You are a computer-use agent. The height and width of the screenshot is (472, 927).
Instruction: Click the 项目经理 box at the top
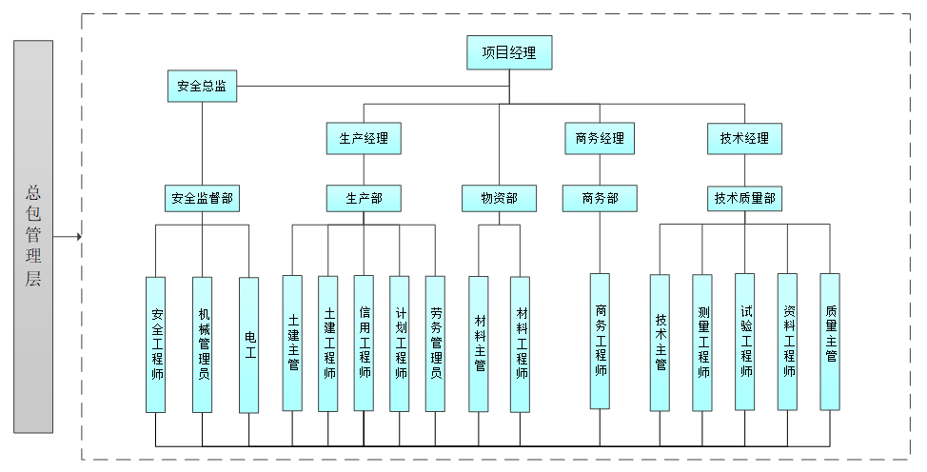click(x=509, y=53)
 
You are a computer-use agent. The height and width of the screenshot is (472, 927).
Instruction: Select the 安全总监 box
click(x=202, y=87)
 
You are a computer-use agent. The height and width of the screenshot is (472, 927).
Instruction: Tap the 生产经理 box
click(x=364, y=139)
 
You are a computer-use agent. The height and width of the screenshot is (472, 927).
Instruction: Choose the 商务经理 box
click(x=600, y=139)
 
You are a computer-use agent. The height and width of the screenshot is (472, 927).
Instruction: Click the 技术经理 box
click(x=744, y=139)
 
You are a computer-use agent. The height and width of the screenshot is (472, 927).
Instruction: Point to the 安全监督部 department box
click(x=202, y=199)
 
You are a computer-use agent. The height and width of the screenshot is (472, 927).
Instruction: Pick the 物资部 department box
click(x=499, y=199)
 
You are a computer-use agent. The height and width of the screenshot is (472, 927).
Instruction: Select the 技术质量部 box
click(x=745, y=199)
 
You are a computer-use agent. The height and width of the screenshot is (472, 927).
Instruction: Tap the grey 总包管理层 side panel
click(x=33, y=236)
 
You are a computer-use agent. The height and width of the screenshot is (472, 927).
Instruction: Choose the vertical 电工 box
click(x=249, y=344)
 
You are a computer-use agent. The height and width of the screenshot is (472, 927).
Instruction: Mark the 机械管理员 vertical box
click(x=203, y=344)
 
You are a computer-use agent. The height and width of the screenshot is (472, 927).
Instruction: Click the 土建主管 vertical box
click(x=292, y=344)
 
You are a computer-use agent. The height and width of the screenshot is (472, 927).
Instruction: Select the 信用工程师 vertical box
click(x=364, y=344)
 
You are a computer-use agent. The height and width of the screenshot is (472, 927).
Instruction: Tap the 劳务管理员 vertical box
click(x=435, y=344)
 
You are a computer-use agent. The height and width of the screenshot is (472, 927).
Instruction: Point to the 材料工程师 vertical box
click(x=521, y=344)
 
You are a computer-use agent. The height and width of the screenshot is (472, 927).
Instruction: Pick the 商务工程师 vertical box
click(x=600, y=341)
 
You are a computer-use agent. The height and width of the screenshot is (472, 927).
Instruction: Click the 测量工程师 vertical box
click(x=702, y=343)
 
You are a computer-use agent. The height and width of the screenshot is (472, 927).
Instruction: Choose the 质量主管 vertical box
click(x=830, y=341)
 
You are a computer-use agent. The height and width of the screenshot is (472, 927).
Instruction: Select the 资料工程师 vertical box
click(x=788, y=341)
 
